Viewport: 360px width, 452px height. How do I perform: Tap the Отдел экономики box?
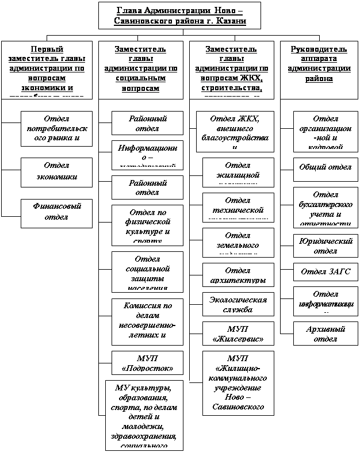(56, 171)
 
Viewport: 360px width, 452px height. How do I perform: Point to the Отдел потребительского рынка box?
(56, 128)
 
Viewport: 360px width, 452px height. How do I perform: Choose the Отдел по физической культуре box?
(147, 224)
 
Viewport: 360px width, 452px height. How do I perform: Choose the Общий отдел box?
(325, 168)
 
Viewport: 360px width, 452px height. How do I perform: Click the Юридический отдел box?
(325, 246)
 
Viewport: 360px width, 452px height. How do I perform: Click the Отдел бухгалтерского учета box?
(325, 206)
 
